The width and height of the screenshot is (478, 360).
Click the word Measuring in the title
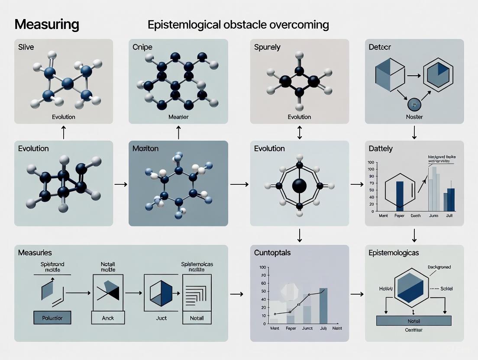click(x=47, y=24)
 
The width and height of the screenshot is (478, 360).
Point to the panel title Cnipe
click(x=142, y=47)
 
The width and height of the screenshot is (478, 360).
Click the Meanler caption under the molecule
click(x=178, y=117)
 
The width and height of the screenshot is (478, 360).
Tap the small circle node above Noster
click(x=414, y=105)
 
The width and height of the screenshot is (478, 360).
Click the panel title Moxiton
click(x=145, y=148)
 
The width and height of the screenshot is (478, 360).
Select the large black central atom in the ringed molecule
click(x=299, y=186)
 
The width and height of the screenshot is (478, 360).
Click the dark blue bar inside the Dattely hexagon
click(x=400, y=196)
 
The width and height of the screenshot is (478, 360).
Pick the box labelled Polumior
click(x=52, y=318)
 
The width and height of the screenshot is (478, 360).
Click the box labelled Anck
click(x=108, y=318)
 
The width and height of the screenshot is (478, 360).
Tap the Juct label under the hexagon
click(x=161, y=318)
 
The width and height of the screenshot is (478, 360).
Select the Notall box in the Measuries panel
click(x=197, y=318)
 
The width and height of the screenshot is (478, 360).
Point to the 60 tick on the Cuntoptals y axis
click(x=263, y=283)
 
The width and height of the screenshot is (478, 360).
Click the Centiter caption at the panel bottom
click(x=413, y=330)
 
